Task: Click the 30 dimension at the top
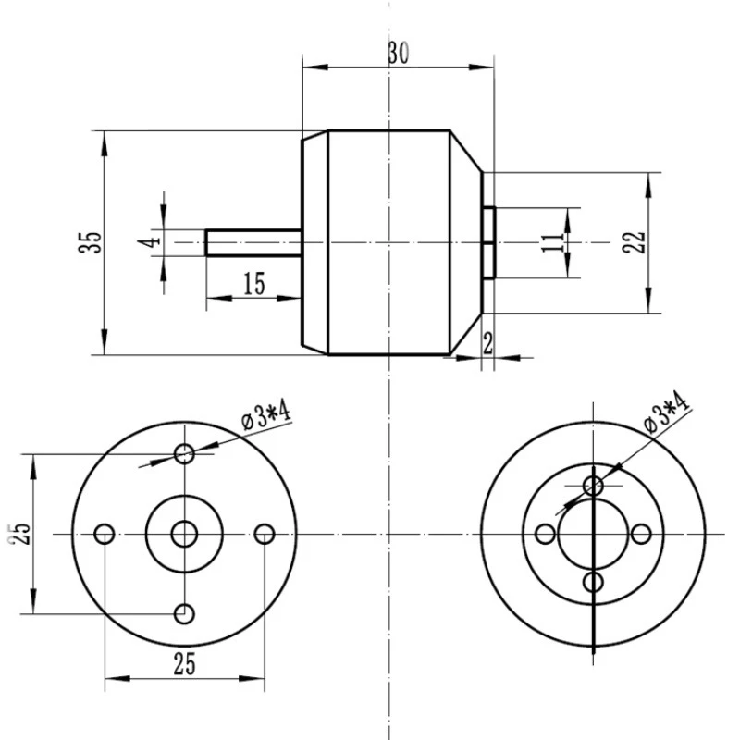pos(399,53)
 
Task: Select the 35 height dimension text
pos(91,242)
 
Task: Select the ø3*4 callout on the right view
pos(667,413)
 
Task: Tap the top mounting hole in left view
pos(186,453)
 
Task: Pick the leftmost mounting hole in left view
pos(105,534)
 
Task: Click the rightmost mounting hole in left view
pos(265,534)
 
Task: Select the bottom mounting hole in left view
pos(186,613)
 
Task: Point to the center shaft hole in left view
pos(186,534)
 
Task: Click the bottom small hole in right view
pos(594,582)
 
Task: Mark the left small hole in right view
pos(546,534)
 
